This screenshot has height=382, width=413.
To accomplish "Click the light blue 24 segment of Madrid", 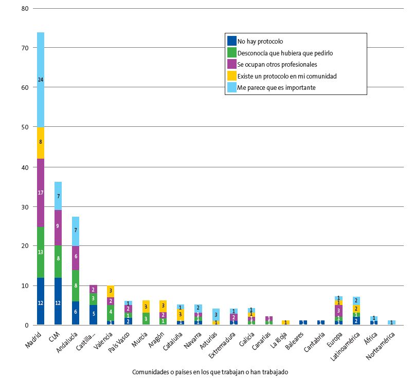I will click(x=41, y=80).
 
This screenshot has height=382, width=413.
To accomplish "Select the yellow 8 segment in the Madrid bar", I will click(x=41, y=142).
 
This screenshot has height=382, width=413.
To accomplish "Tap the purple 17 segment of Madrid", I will click(x=41, y=193).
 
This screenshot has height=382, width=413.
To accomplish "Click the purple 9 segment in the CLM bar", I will click(x=58, y=225).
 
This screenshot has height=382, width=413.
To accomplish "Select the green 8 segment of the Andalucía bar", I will click(x=76, y=285).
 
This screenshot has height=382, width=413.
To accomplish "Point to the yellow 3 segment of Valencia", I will click(x=111, y=291).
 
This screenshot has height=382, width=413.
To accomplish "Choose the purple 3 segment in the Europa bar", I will click(x=338, y=311).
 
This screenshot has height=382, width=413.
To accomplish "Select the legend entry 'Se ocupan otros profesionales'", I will click(x=277, y=65).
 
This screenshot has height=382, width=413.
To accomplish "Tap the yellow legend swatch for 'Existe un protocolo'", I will click(x=231, y=76).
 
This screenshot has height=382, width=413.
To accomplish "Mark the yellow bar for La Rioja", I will click(x=286, y=322).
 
